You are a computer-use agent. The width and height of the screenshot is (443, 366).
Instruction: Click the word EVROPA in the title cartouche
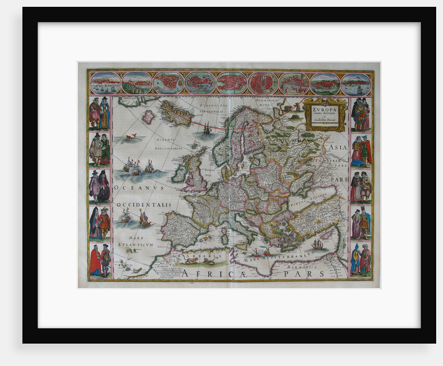325,109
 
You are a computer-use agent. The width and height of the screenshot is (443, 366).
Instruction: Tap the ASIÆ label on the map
337,148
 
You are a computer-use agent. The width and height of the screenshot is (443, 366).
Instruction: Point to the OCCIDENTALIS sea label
144,205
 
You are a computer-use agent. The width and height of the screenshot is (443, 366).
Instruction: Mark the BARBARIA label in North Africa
194,257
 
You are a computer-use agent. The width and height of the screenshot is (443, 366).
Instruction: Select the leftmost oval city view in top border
105,83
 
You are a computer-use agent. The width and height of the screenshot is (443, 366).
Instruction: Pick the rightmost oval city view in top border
356,83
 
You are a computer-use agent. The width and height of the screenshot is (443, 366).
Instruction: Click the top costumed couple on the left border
99,113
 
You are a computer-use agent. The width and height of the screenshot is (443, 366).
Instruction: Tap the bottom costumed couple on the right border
361,259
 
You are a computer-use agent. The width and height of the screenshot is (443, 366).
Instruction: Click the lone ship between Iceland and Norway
207,129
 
